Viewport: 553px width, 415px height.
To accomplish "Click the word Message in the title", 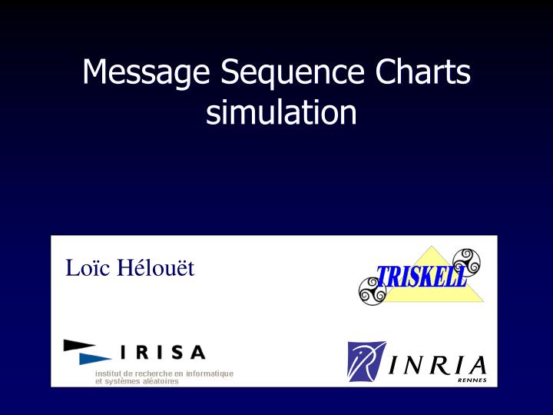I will pyautogui.click(x=146, y=73).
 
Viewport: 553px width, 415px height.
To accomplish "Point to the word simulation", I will pyautogui.click(x=281, y=113).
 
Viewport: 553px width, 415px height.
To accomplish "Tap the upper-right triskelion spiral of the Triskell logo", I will pyautogui.click(x=466, y=262).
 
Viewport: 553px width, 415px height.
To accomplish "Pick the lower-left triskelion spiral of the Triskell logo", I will pyautogui.click(x=373, y=291).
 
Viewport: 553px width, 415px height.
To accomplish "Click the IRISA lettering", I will pyautogui.click(x=162, y=353).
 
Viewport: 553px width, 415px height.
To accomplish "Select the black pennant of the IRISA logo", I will pyautogui.click(x=78, y=345).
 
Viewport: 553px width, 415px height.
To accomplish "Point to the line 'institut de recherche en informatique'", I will pyautogui.click(x=164, y=373).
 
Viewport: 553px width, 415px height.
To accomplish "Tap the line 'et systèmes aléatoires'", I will pyautogui.click(x=136, y=381).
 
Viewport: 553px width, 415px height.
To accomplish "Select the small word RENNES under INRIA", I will pyautogui.click(x=472, y=380).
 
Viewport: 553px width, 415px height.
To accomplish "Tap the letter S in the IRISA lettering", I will pyautogui.click(x=175, y=353).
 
